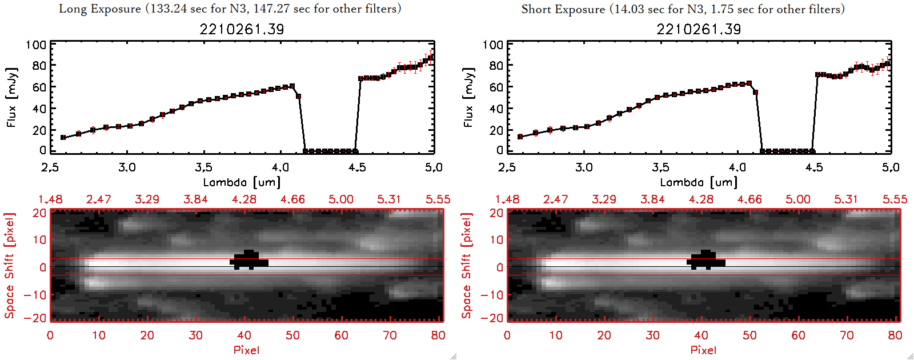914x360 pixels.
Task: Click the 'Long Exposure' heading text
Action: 100,9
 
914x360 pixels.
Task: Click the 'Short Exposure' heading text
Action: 563,9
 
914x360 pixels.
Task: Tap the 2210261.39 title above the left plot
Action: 242,29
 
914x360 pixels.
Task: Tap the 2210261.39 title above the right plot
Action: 699,29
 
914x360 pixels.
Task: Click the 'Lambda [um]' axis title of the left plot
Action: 242,182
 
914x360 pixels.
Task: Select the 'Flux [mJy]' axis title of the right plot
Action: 468,98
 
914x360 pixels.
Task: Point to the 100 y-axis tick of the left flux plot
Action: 36,45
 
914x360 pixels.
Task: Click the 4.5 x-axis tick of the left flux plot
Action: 357,167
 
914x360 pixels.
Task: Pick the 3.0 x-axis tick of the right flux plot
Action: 584,167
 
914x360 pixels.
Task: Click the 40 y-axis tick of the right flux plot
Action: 496,109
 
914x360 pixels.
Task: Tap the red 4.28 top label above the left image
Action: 244,199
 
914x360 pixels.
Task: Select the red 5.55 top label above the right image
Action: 895,199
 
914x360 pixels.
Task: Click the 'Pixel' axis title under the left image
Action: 246,350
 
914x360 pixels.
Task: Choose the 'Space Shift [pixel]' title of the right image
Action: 467,266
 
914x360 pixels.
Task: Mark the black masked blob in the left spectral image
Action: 248,260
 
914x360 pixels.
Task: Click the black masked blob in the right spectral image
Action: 705,260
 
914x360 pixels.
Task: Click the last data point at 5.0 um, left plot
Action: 431,57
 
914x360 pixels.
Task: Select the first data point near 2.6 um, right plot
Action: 520,137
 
